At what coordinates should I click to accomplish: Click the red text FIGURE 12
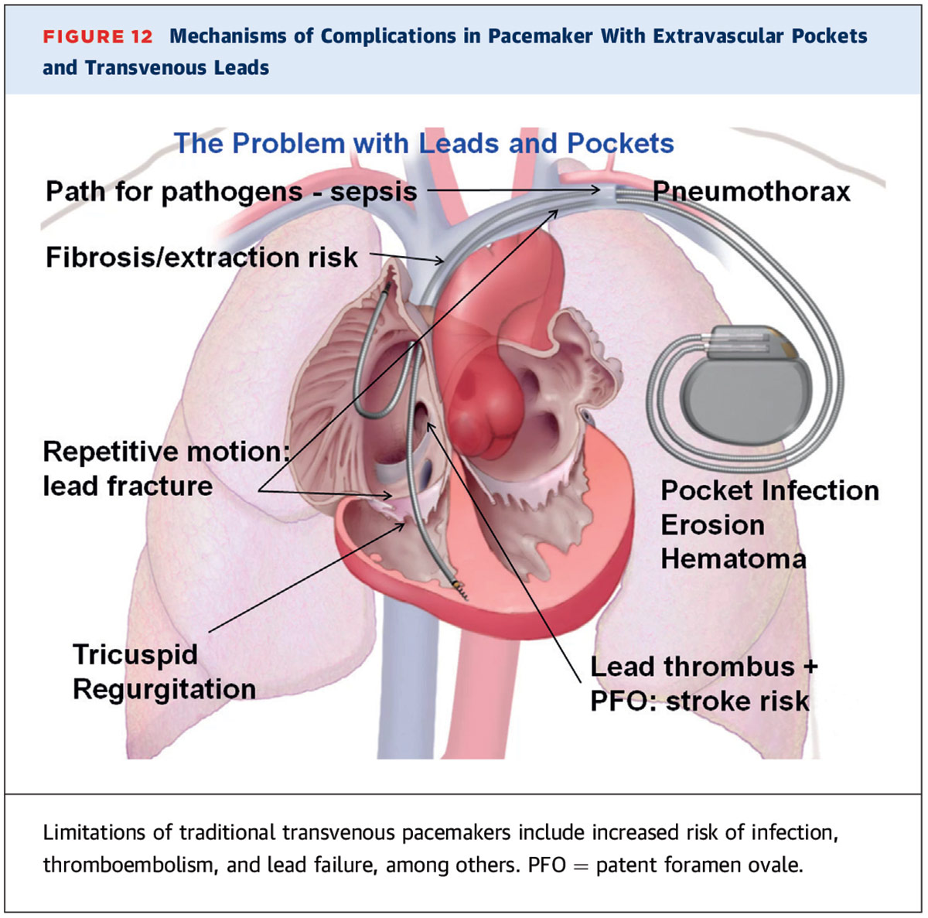(97, 36)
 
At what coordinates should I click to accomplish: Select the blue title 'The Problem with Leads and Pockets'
(423, 143)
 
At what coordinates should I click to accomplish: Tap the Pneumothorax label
(751, 191)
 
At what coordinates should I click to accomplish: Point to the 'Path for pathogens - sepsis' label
(230, 191)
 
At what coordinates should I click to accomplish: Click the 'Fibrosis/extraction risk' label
(201, 257)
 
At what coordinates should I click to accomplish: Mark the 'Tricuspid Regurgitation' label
(164, 671)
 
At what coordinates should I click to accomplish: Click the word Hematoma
(733, 558)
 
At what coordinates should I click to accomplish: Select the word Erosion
(712, 524)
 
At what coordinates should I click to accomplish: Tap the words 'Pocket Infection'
(769, 490)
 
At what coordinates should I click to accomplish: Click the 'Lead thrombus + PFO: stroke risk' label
(703, 683)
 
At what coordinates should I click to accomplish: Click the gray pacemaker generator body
(749, 394)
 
